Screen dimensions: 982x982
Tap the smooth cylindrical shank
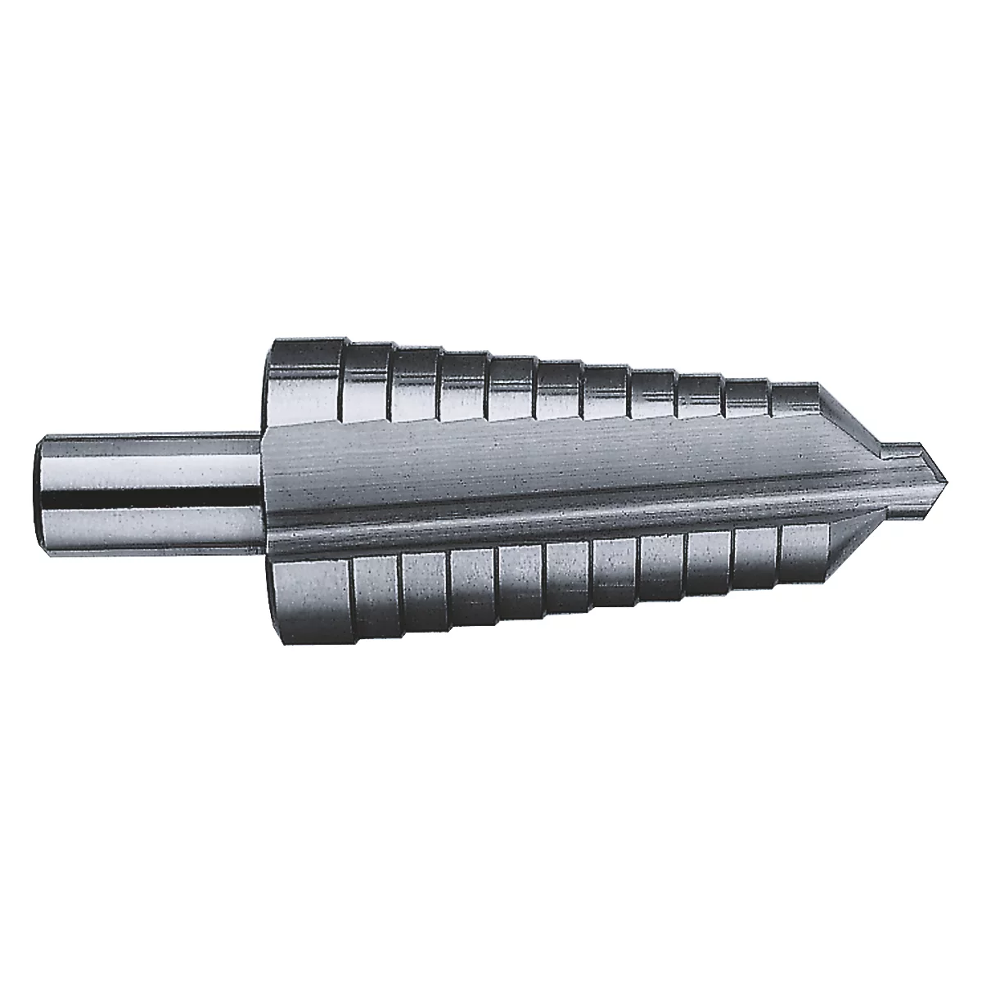coord(147,491)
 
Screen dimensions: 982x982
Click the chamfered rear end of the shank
coord(41,491)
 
